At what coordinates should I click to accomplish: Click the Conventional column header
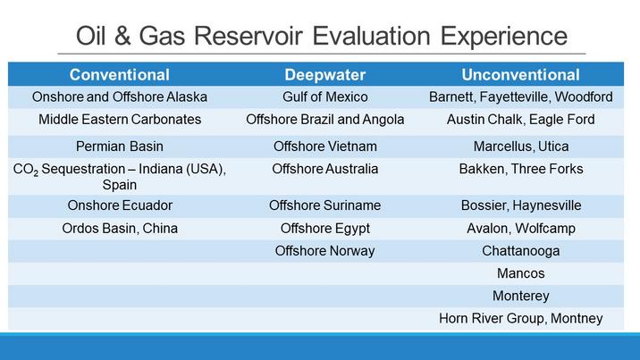pos(119,75)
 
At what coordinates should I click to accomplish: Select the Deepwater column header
pos(324,75)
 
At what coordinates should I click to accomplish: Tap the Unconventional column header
pos(520,75)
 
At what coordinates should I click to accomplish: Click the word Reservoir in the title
pos(248,36)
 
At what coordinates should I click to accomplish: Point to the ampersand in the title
pos(122,36)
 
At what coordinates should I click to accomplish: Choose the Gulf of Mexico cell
pos(324,97)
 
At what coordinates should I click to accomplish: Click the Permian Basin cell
pos(120,146)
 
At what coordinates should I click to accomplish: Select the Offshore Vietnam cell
pos(324,146)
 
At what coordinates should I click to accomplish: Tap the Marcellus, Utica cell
pos(521,147)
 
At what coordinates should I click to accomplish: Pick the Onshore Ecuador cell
pos(120,205)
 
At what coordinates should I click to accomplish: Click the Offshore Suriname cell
pos(324,205)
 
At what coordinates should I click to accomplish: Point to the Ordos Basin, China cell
pos(120,229)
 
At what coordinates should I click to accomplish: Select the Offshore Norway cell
pos(324,251)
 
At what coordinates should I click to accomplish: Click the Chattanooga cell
pos(521,251)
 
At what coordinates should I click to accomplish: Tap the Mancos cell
pos(521,273)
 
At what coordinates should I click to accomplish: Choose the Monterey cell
pos(521,296)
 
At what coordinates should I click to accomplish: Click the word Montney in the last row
pos(577,318)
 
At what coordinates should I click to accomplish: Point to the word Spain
pos(120,185)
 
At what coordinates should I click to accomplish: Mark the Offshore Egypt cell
pos(324,229)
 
